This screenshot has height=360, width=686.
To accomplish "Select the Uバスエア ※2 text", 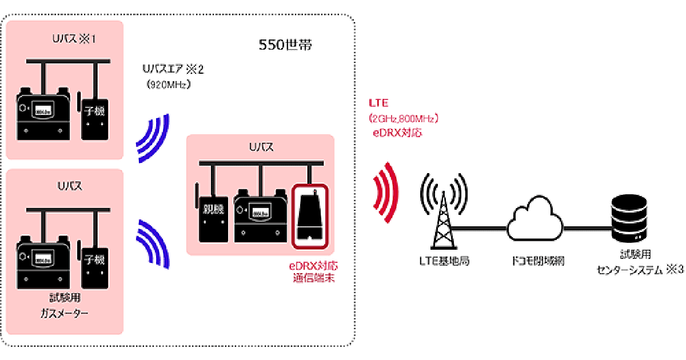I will tap(173, 69).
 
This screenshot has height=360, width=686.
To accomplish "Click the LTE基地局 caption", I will tap(441, 261).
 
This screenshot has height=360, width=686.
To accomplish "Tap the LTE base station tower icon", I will tap(442, 211).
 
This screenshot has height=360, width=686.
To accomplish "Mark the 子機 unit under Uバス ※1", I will tap(95, 117).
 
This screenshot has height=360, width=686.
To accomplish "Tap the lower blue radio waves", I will tap(153, 243).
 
